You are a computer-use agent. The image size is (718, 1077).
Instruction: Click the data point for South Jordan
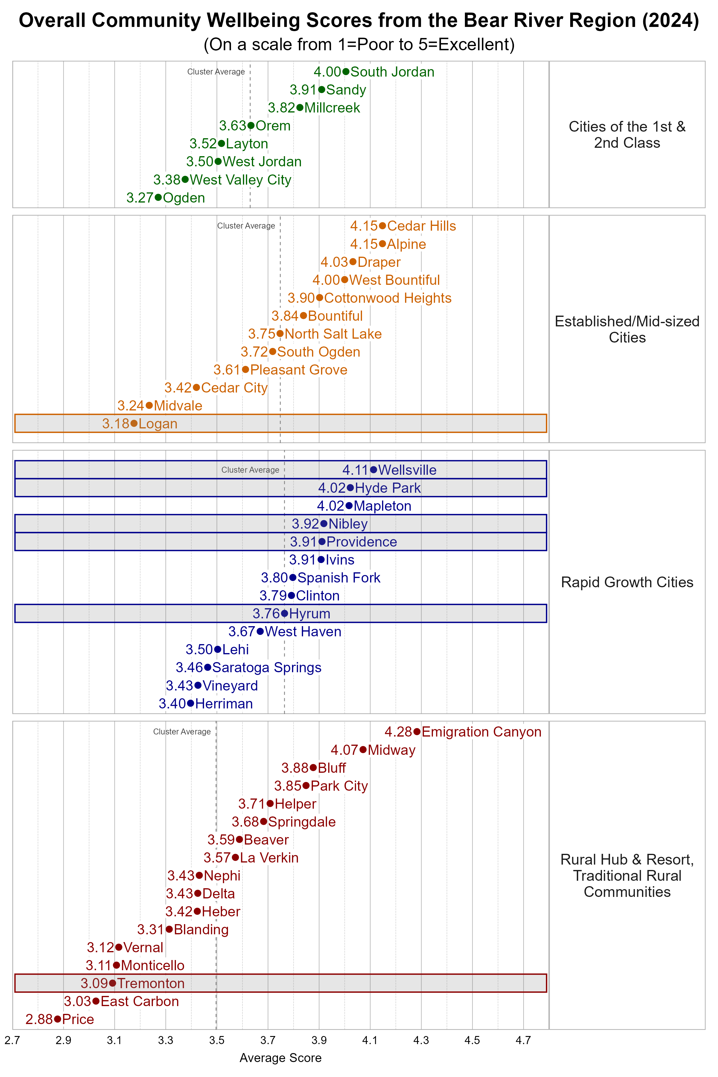(x=346, y=72)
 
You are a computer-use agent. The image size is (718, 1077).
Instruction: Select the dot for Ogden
(x=158, y=197)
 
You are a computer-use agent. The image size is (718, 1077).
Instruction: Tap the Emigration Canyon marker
(x=417, y=732)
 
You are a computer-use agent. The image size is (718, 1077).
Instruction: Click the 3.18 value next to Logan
(x=116, y=424)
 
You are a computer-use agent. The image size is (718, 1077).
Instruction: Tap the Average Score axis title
(x=280, y=1058)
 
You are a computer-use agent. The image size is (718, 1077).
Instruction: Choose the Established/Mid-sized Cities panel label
(x=627, y=329)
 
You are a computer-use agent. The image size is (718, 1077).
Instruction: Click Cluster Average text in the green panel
(x=216, y=72)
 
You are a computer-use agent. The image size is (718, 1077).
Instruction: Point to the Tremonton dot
(x=112, y=983)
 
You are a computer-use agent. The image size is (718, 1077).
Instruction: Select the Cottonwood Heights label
(x=387, y=298)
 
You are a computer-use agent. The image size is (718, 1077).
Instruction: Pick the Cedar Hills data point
(x=382, y=226)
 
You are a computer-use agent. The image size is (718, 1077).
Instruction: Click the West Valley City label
(x=241, y=180)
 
